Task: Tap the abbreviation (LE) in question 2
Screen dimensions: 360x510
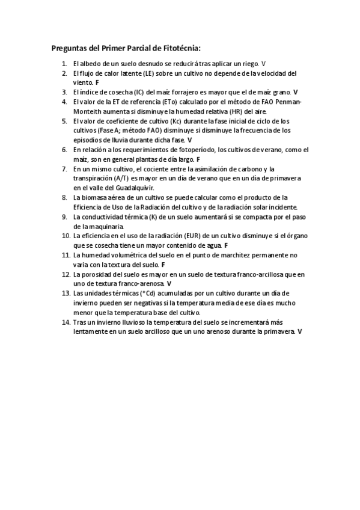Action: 149,73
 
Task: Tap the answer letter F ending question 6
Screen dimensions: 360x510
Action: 198,159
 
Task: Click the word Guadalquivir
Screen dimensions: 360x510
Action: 136,188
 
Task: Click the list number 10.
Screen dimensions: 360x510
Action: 66,236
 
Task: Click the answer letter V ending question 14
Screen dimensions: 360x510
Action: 299,331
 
